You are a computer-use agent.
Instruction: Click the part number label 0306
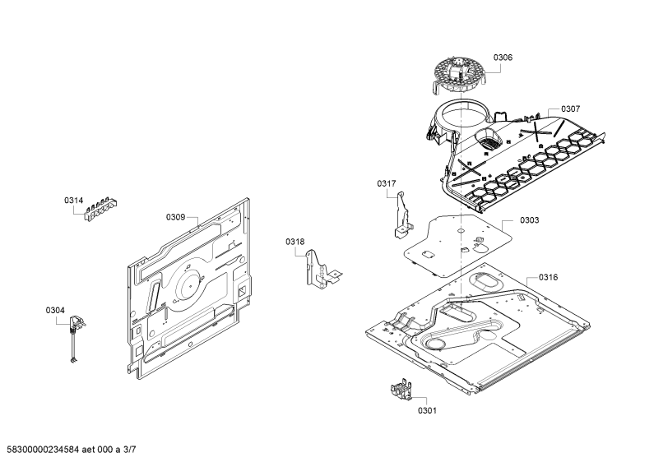click(503, 58)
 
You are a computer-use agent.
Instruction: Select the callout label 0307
click(570, 109)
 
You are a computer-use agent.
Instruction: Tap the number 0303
click(529, 220)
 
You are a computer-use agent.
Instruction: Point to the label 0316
click(548, 277)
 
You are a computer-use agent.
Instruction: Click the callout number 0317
click(387, 183)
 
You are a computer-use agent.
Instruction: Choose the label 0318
click(295, 242)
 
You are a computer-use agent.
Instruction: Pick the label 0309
click(175, 217)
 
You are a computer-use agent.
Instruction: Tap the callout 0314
click(73, 201)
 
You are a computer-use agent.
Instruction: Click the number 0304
click(55, 310)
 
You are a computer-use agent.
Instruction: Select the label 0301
click(427, 411)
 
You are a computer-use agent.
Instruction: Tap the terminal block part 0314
click(101, 208)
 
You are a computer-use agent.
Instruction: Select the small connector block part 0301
click(401, 390)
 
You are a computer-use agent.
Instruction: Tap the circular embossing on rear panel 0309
click(190, 284)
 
